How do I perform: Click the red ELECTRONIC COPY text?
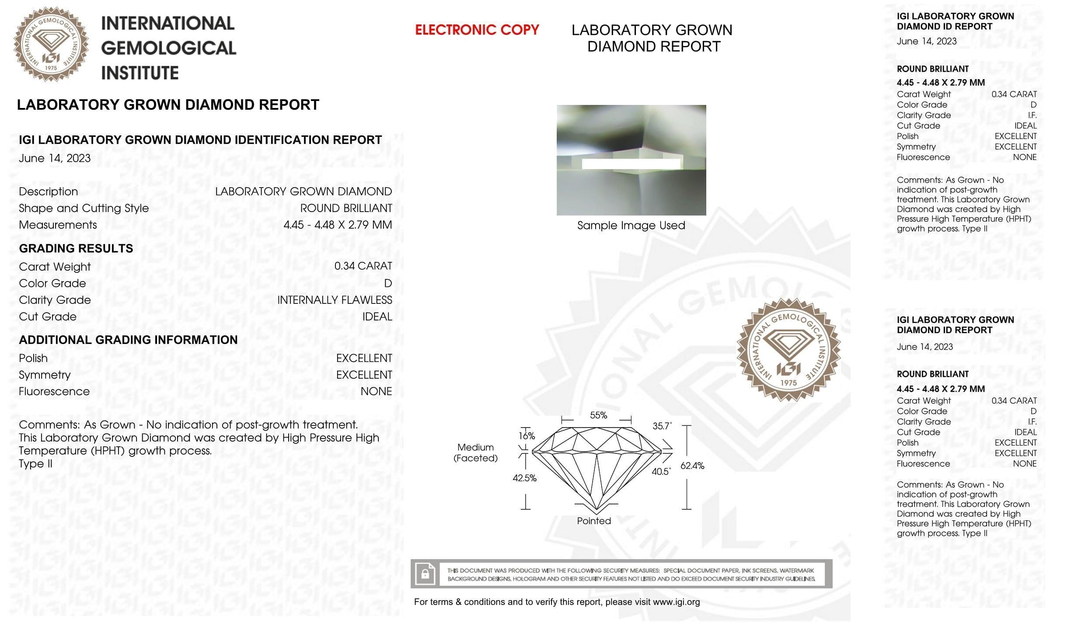click(477, 30)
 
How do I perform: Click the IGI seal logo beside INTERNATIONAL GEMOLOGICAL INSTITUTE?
click(51, 44)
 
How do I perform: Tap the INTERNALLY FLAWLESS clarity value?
click(335, 300)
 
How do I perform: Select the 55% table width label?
click(598, 415)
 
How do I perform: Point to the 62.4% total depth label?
click(692, 466)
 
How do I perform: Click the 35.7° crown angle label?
click(662, 426)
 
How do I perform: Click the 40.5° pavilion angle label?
click(661, 471)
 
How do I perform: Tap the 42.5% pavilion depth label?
click(524, 478)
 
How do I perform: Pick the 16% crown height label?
click(527, 435)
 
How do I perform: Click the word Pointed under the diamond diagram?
click(594, 521)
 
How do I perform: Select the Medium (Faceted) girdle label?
click(475, 452)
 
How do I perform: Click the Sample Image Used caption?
click(631, 225)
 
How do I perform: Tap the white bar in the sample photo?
click(631, 164)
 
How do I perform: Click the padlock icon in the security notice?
click(425, 574)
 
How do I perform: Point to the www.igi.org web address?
click(676, 602)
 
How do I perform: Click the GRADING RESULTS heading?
click(76, 248)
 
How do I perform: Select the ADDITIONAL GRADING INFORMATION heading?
click(128, 340)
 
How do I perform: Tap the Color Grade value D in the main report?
click(388, 283)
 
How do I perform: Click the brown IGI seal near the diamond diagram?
click(788, 350)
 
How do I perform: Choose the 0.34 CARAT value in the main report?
click(363, 266)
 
